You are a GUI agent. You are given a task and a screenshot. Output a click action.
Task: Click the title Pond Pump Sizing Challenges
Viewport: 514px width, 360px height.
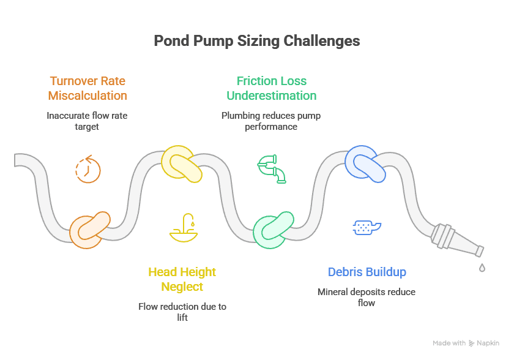(256, 41)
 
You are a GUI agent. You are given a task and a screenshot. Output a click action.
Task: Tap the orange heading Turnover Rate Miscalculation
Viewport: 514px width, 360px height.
(88, 88)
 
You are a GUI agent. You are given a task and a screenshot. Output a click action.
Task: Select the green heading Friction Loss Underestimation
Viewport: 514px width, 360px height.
(271, 88)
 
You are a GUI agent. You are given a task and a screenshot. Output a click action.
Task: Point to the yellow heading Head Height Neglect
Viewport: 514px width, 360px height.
(182, 279)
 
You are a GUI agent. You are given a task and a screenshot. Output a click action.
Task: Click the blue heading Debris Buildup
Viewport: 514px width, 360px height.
(367, 272)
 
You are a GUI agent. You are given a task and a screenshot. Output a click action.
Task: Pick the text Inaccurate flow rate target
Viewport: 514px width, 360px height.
(88, 120)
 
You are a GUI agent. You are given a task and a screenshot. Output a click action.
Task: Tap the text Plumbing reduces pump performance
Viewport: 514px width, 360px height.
(271, 121)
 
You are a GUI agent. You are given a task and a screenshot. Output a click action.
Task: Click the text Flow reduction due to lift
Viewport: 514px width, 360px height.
(182, 312)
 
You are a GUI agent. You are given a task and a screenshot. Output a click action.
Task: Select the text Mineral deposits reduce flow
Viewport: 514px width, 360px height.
(367, 297)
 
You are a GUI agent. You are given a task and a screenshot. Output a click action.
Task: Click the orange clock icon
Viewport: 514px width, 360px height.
(88, 169)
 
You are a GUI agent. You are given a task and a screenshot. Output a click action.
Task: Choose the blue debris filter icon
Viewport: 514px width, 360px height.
(367, 227)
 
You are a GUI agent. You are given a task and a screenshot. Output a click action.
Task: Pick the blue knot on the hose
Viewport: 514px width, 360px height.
(365, 163)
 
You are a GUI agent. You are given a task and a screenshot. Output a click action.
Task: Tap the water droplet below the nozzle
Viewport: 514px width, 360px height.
(482, 268)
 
